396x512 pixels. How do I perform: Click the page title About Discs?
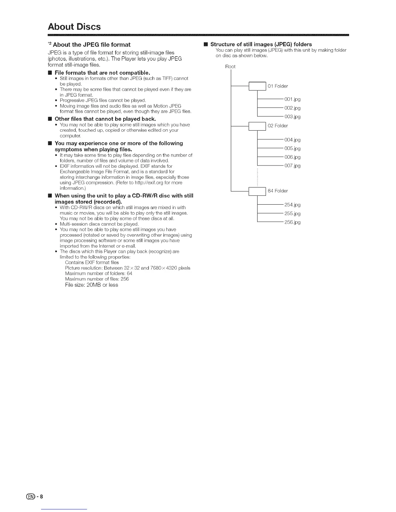[x=74, y=27]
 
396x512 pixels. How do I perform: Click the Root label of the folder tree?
[x=230, y=67]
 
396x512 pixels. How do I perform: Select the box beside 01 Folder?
[x=257, y=86]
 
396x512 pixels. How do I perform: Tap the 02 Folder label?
[x=278, y=126]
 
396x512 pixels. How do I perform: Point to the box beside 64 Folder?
[x=257, y=191]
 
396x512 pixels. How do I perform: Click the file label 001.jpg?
[x=292, y=99]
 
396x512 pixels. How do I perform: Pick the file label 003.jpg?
[x=292, y=117]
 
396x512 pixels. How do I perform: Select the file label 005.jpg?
[x=292, y=149]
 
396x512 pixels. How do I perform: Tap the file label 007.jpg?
[x=292, y=166]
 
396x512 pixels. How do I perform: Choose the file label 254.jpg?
[x=292, y=205]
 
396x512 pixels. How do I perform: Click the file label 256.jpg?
[x=292, y=222]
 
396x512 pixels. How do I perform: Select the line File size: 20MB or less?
[x=92, y=285]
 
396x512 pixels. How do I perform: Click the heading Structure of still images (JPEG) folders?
[x=261, y=44]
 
